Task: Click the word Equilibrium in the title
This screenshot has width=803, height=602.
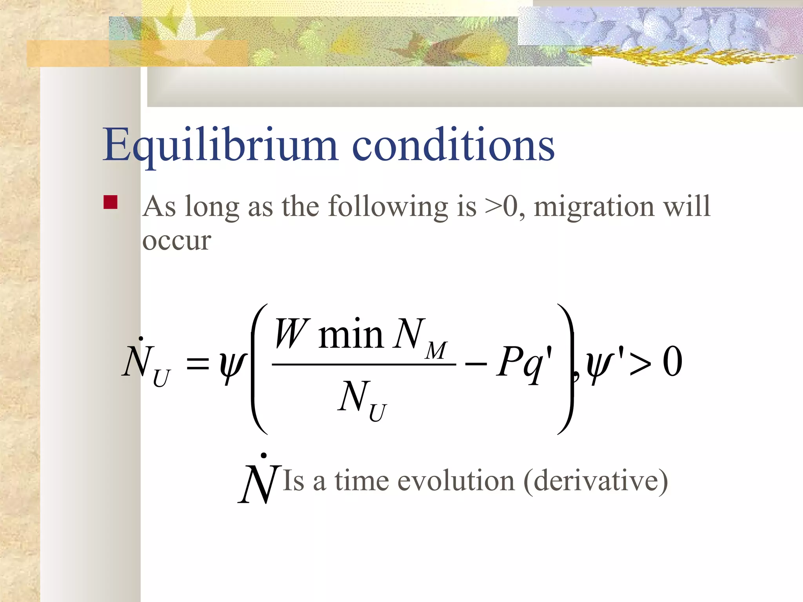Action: [220, 145]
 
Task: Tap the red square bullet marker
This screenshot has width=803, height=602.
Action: [111, 202]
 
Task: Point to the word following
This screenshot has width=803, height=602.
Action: [388, 207]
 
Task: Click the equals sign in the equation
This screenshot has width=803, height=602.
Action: [197, 363]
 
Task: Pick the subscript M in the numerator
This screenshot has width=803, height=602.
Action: [436, 350]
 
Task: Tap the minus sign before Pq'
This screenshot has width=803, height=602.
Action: [476, 364]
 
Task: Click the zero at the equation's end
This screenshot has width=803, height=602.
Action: [672, 362]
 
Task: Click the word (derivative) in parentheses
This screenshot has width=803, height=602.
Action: [596, 481]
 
